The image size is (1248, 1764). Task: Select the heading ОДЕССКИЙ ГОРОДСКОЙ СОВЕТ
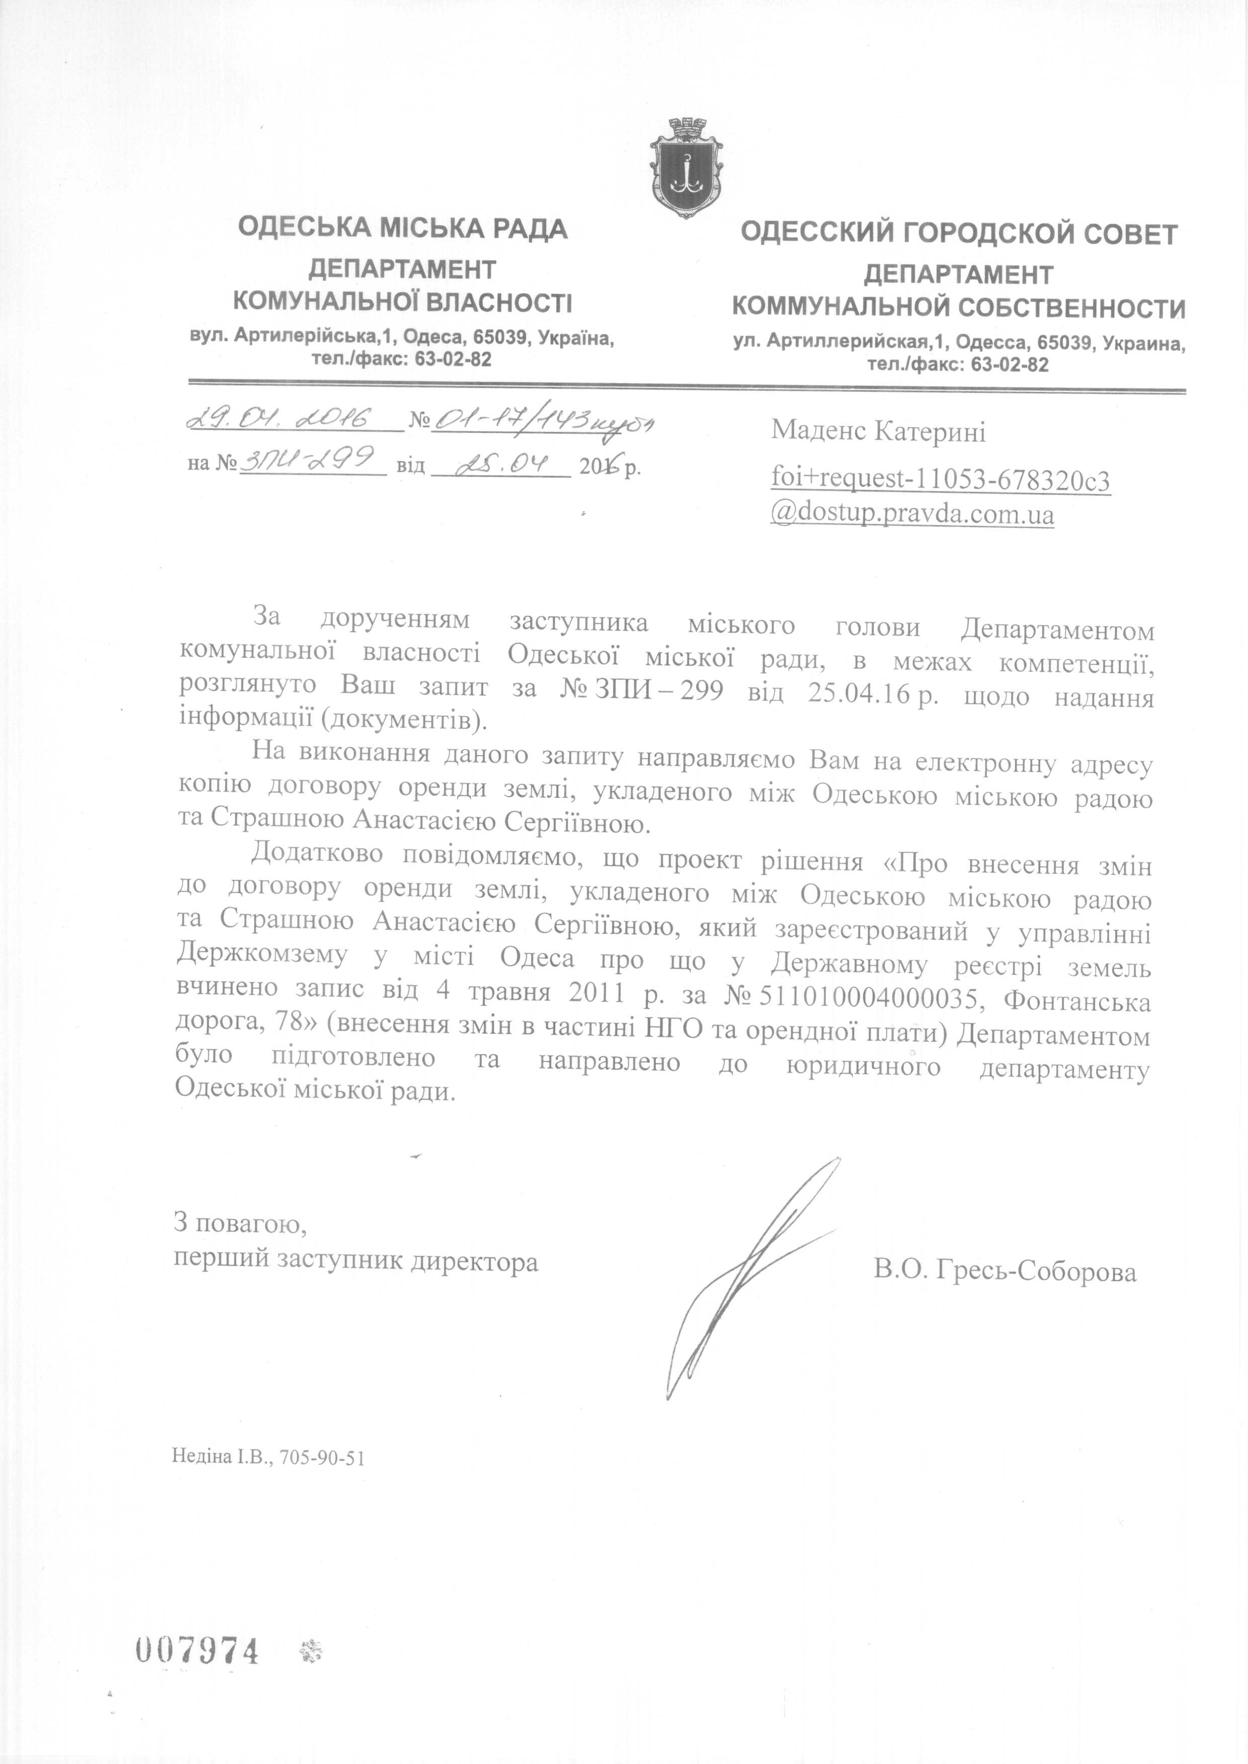(x=958, y=233)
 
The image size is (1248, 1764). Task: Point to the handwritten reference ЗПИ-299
(x=307, y=460)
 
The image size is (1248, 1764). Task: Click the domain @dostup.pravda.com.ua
(x=912, y=513)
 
